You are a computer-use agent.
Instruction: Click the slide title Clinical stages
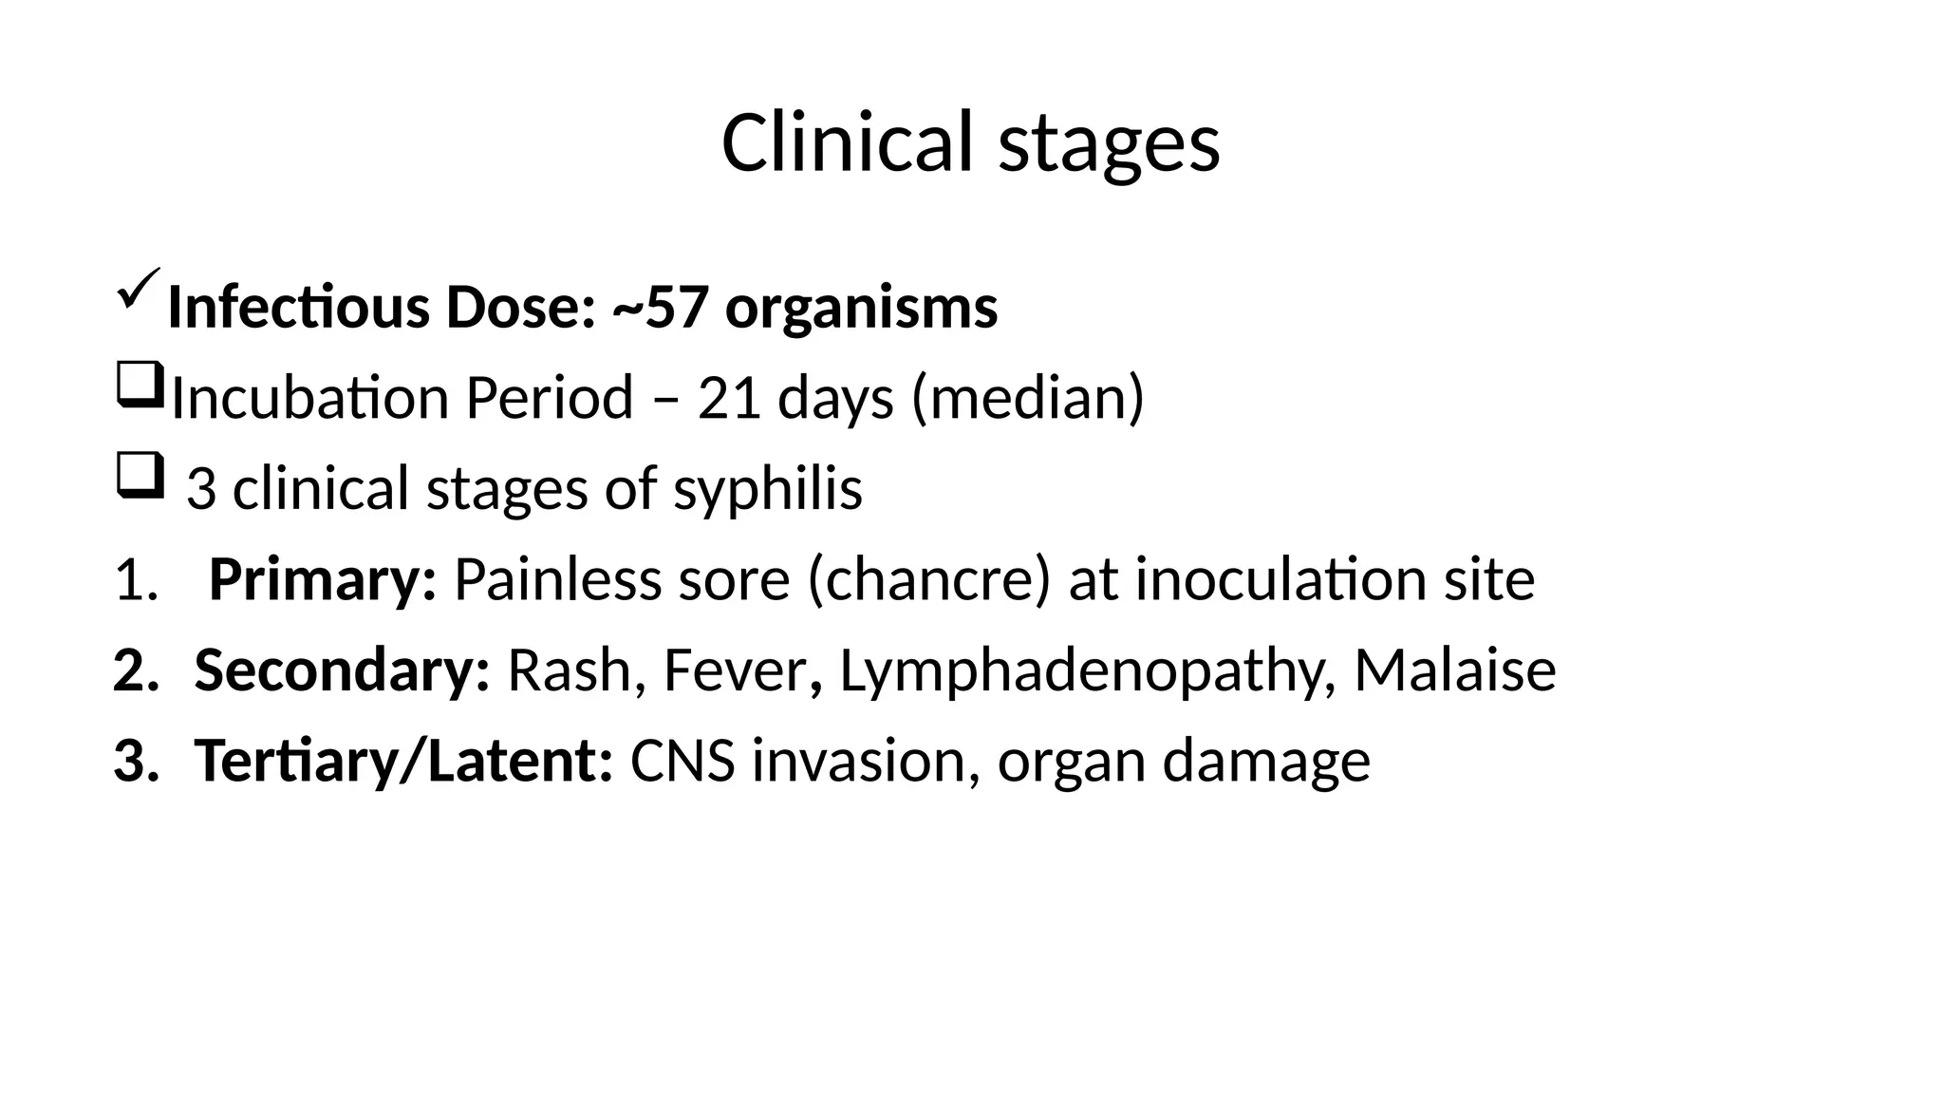pyautogui.click(x=970, y=142)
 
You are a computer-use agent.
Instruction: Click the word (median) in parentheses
pyautogui.click(x=1028, y=398)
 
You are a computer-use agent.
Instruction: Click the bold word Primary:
pyautogui.click(x=322, y=579)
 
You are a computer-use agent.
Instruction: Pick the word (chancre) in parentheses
pyautogui.click(x=928, y=579)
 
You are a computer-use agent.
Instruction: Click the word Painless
pyautogui.click(x=557, y=579)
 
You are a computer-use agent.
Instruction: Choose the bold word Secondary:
pyautogui.click(x=342, y=670)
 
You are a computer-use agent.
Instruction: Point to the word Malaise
pyautogui.click(x=1454, y=670)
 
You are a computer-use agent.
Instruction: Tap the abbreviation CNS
pyautogui.click(x=682, y=762)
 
